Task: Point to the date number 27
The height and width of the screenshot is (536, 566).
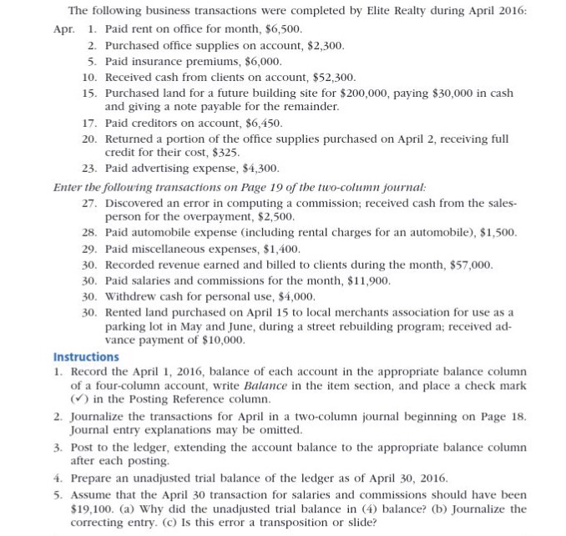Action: [x=91, y=203]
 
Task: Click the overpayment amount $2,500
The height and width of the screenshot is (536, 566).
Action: [x=270, y=218]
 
